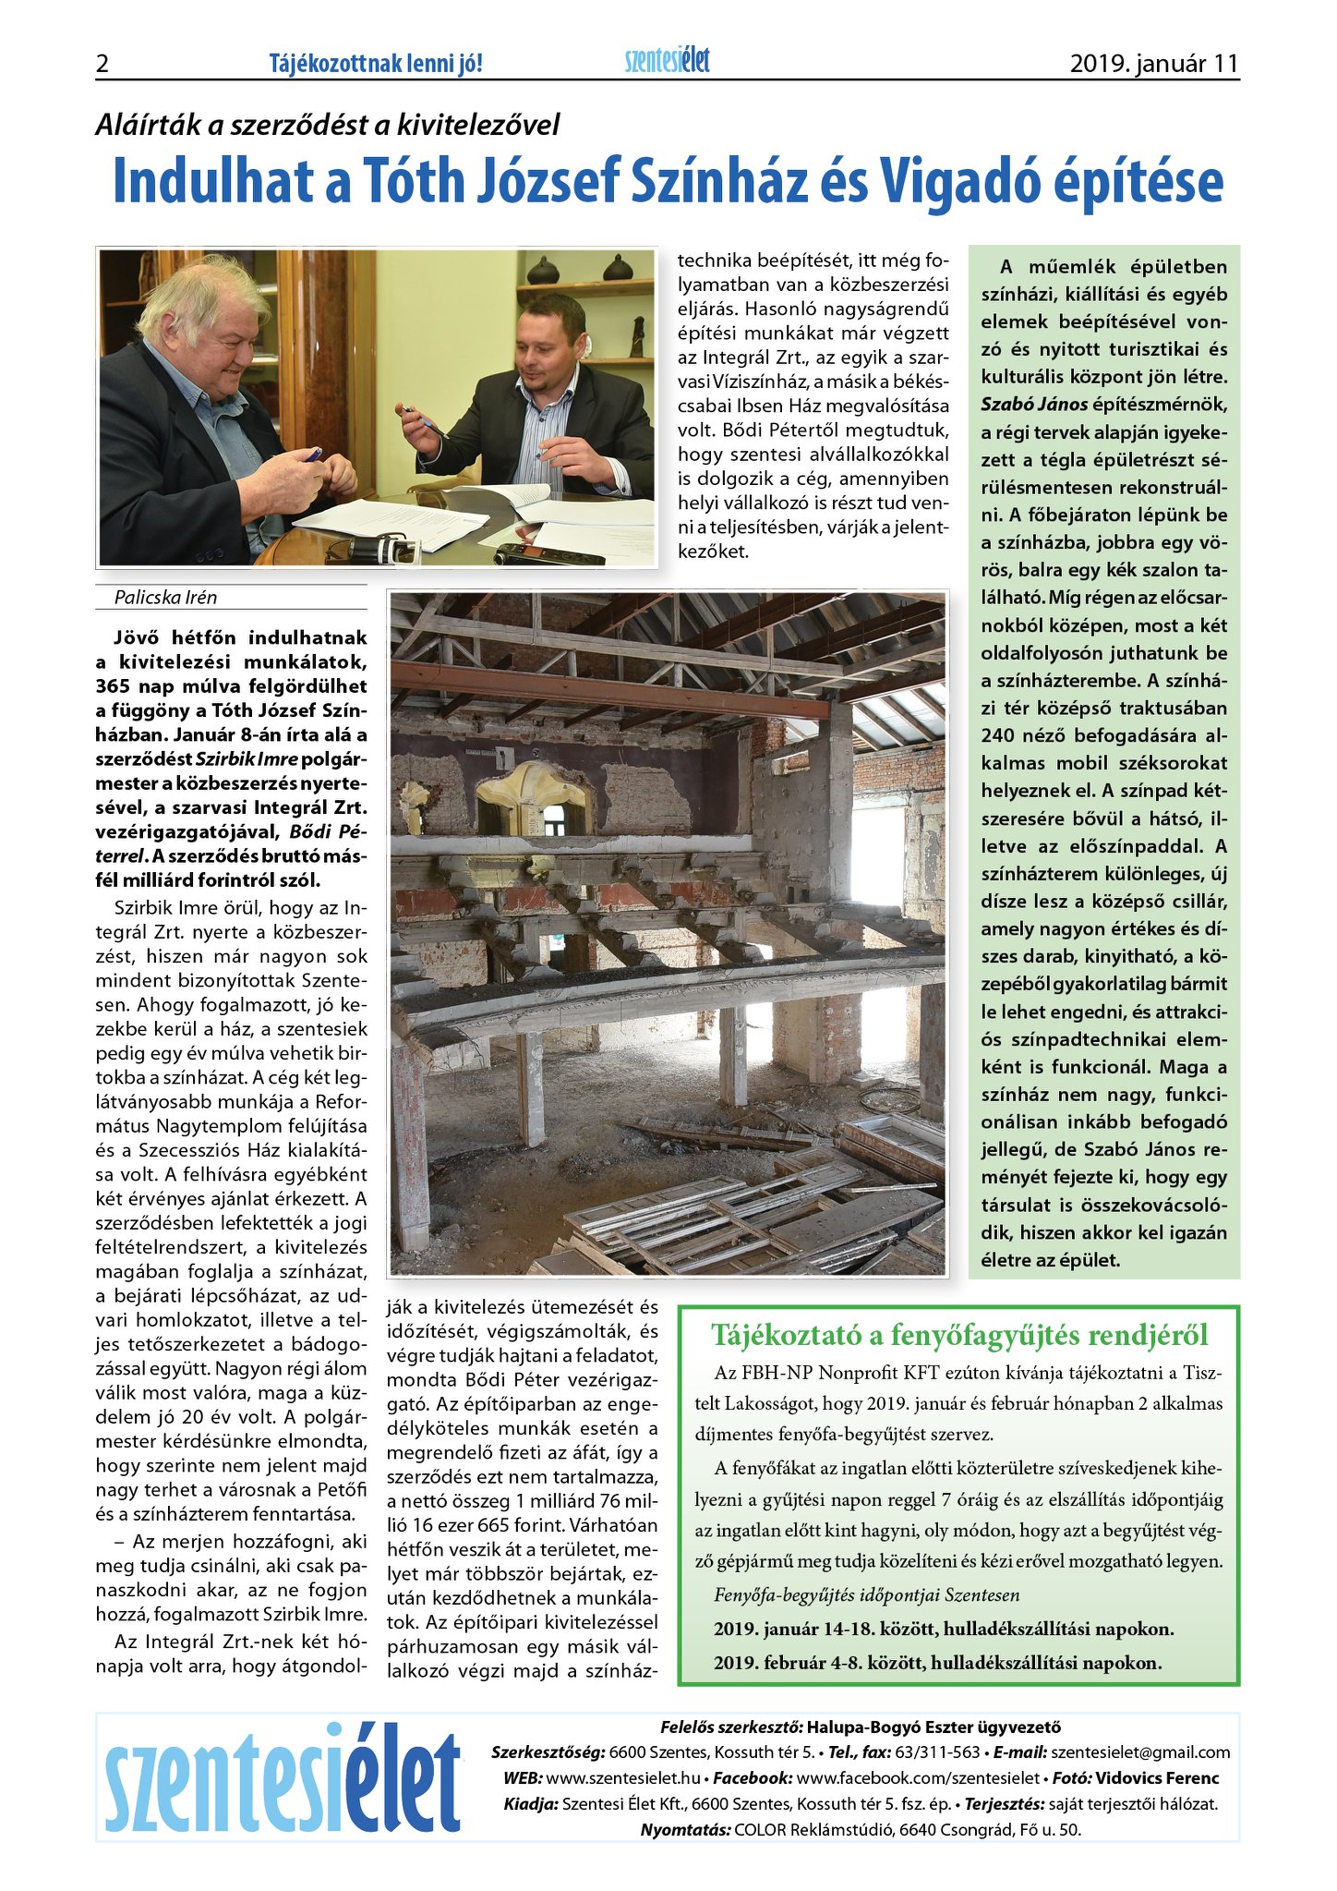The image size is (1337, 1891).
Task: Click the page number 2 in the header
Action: coord(102,64)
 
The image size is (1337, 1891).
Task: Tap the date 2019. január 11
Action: coord(1153,64)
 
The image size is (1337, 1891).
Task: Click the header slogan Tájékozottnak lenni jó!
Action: coord(376,64)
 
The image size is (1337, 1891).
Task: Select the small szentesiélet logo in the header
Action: coord(667,61)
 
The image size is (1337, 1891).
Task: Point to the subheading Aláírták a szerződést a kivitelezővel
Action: coord(327,125)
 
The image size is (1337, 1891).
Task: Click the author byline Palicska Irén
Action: coord(165,598)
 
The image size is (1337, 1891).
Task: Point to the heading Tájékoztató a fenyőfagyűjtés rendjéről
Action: coord(958,1335)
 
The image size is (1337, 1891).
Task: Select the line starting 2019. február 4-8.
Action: coord(936,1663)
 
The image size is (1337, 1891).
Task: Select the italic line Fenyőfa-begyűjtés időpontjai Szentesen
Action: coord(866,1595)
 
